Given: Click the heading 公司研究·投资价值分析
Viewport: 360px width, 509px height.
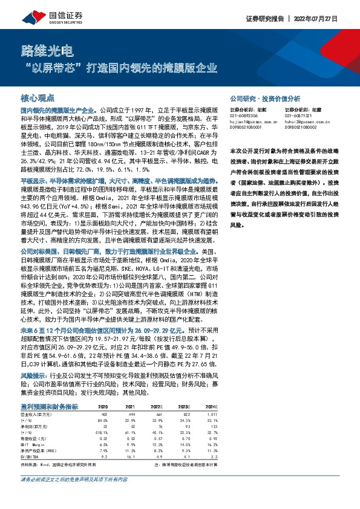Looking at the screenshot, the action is coord(265,97).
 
